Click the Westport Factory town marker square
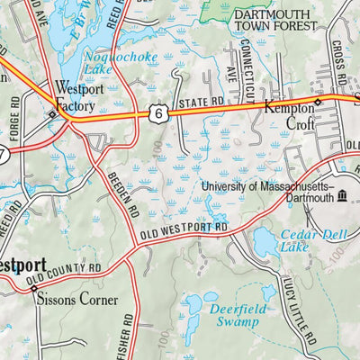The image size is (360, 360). tap(52, 114)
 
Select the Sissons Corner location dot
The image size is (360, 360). tap(34, 289)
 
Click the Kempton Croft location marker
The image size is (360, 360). tap(317, 103)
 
